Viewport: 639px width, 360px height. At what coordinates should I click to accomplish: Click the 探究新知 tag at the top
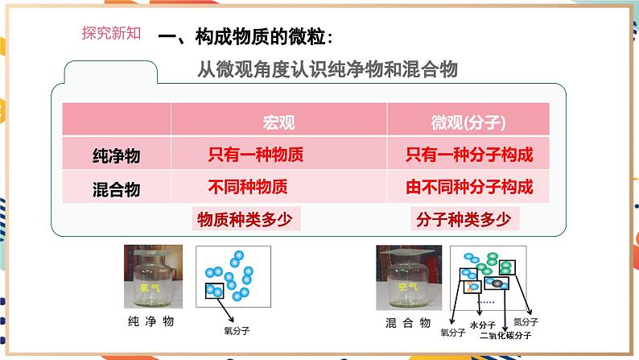112,33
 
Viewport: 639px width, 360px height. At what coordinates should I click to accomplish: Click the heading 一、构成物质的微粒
244,37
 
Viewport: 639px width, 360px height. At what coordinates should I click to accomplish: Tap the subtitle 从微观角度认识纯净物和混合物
328,70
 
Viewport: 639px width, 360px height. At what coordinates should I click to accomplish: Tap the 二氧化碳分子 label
504,336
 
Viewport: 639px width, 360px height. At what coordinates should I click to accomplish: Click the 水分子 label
480,324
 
